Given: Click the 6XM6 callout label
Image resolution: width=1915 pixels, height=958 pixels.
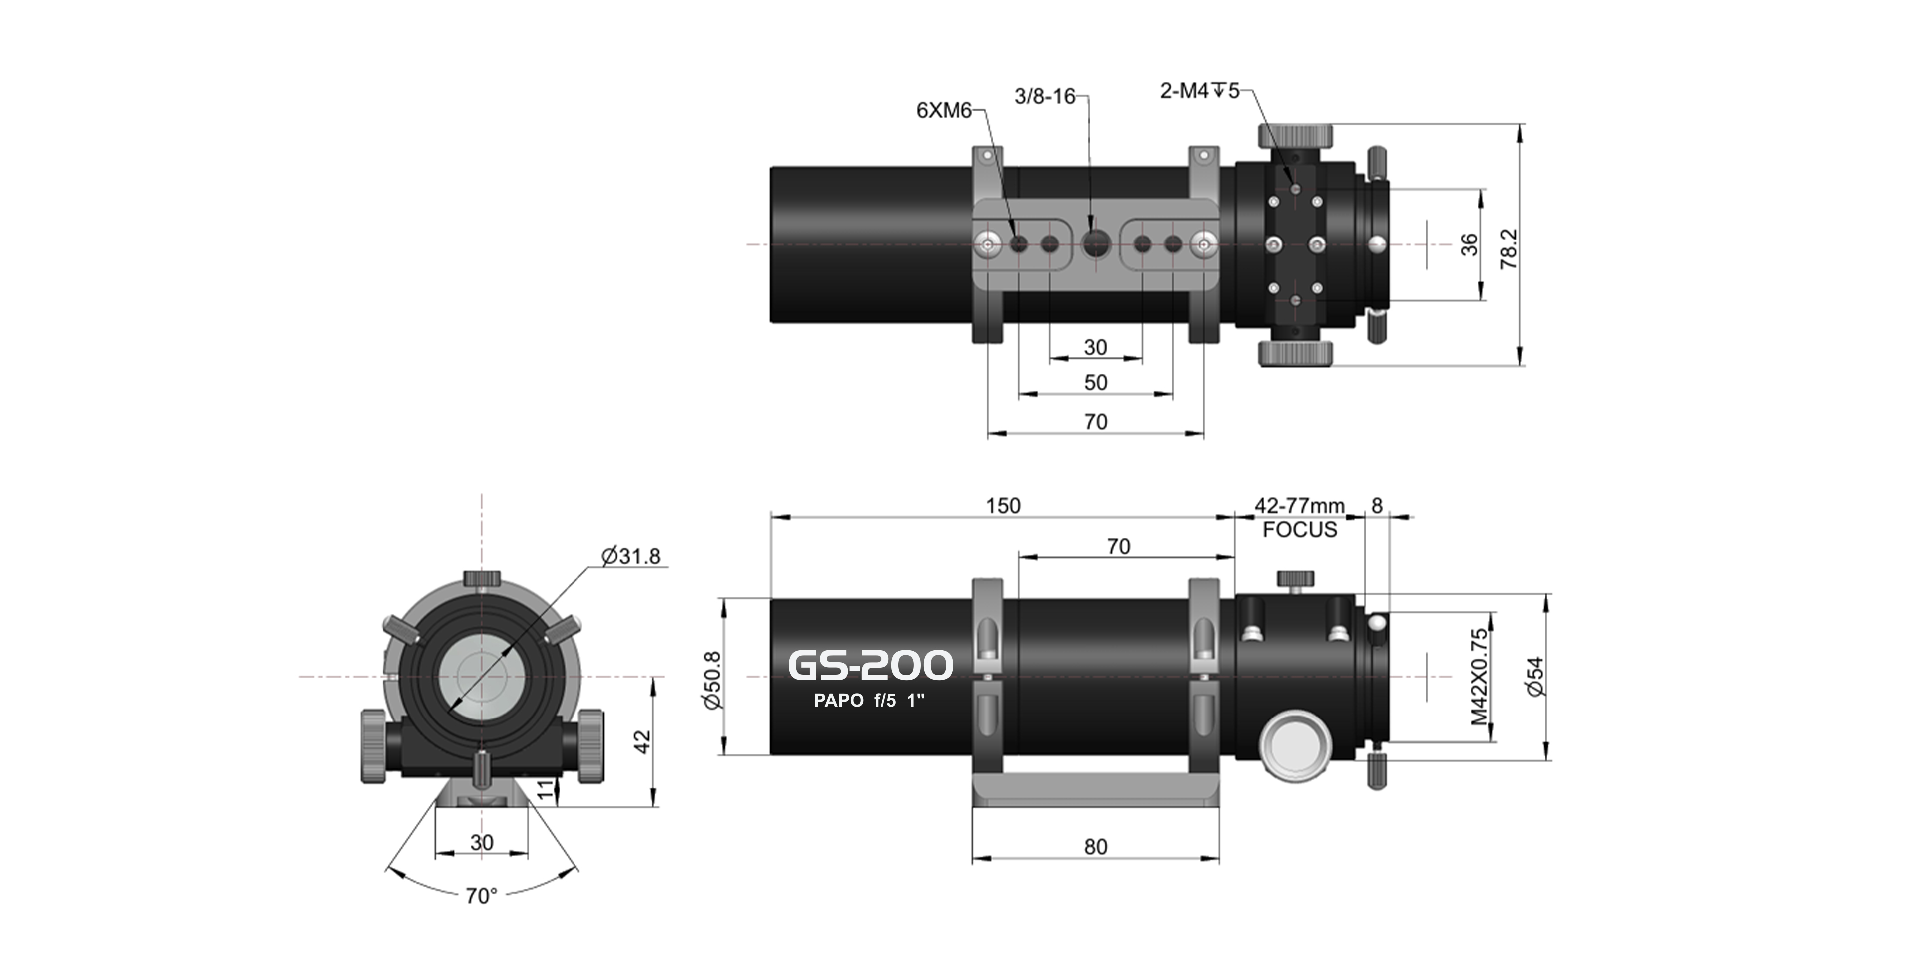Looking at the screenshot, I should point(944,111).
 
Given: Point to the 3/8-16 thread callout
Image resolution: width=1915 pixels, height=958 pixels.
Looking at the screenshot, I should point(1044,97).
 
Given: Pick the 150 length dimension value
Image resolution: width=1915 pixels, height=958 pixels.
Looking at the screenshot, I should point(1003,506).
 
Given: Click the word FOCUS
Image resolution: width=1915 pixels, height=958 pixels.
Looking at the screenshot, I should point(1299,530).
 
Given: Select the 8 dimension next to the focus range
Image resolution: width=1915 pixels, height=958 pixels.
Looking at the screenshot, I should point(1377,506).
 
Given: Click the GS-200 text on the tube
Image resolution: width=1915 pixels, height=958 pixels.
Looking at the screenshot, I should point(870,665).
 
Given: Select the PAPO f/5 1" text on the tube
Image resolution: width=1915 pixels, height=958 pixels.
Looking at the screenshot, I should point(869,701).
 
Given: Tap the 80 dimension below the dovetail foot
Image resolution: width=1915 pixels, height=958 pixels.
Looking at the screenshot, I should point(1095,847).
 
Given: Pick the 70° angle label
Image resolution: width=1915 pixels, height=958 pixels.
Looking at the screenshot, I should point(481,896).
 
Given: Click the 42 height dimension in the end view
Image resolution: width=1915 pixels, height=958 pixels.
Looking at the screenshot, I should point(641,741).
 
